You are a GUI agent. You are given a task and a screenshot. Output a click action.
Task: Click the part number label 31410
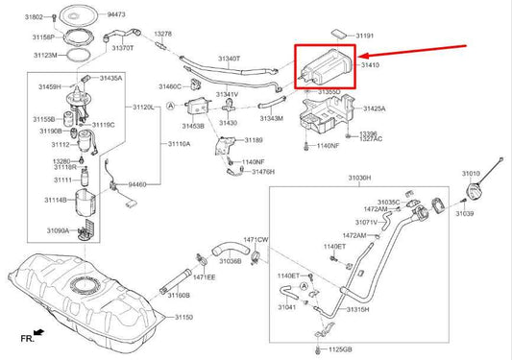pos(370,66)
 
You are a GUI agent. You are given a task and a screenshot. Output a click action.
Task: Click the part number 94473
pos(117,15)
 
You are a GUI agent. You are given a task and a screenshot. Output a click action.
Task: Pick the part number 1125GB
pos(361,350)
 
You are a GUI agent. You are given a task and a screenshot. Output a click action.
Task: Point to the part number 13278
pos(162,34)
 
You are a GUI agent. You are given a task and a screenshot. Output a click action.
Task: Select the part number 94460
pos(138,182)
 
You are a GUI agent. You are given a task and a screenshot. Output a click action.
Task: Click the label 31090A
pos(59,230)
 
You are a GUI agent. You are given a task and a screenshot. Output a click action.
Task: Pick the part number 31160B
pos(181,295)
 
